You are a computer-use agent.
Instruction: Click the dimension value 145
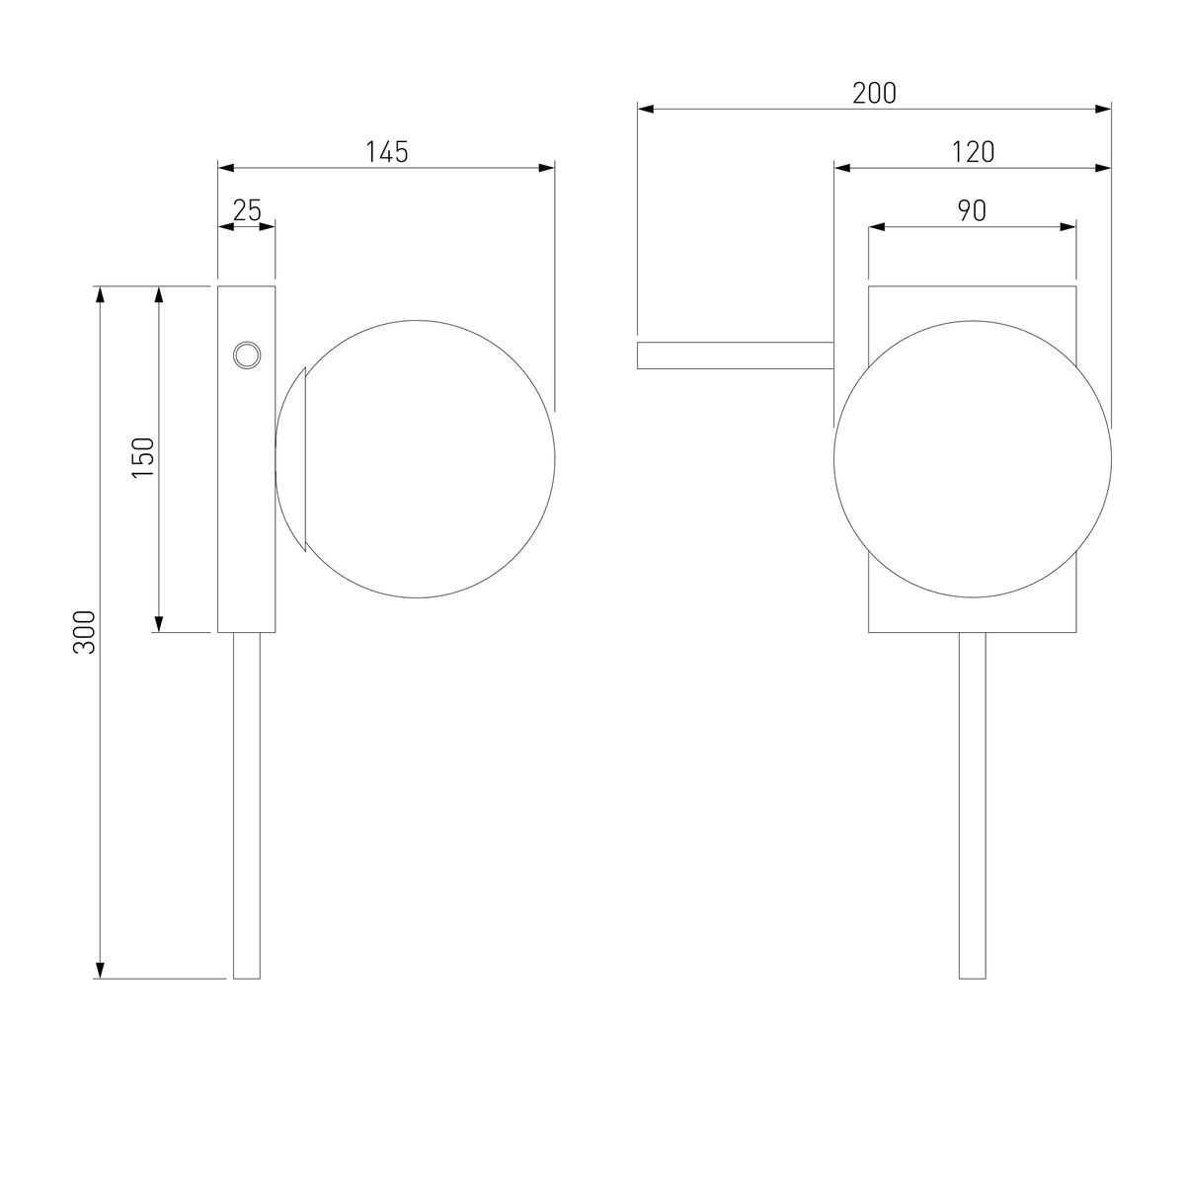pos(387,152)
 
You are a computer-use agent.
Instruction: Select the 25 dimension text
pos(247,211)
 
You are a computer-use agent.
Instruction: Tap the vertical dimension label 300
pos(85,632)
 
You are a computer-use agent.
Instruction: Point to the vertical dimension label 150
pos(143,458)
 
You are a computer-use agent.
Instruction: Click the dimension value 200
pos(874,94)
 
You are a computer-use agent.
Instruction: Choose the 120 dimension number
pos(973,152)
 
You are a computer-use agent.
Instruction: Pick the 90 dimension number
pos(973,211)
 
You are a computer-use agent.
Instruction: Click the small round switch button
pos(247,355)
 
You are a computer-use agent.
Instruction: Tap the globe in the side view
pos(415,459)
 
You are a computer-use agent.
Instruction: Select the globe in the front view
pos(973,459)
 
